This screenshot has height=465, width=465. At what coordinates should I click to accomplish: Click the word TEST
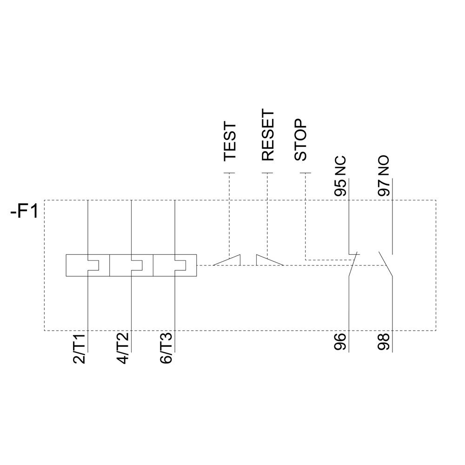point(230,142)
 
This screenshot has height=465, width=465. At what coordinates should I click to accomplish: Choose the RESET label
point(268,135)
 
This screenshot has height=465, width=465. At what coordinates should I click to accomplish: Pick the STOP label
point(301,140)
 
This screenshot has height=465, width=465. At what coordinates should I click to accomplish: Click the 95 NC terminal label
point(341,177)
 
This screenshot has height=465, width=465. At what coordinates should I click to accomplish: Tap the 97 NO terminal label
point(384,177)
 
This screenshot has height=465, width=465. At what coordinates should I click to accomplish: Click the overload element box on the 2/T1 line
point(87,265)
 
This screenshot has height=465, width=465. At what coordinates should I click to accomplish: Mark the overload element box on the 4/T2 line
point(131,265)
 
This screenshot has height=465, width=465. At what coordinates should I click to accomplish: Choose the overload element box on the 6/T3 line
point(175,265)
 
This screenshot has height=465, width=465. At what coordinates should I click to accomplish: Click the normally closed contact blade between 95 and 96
point(353,265)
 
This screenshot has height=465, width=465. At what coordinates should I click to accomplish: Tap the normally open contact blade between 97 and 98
point(385,265)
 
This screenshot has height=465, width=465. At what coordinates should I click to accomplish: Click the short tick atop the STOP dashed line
point(305,173)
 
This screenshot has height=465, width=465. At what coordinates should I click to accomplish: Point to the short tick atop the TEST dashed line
point(229,173)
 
